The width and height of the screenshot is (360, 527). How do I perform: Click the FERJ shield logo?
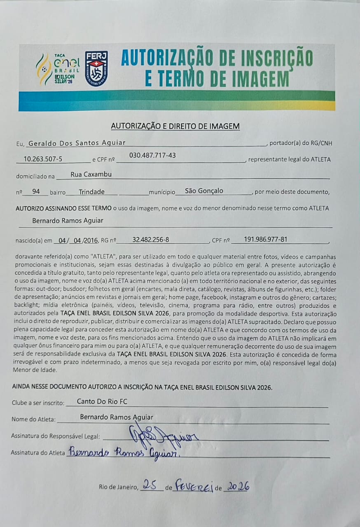(x=96, y=68)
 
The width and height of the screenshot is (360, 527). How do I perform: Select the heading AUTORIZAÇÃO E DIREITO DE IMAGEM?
(x=175, y=126)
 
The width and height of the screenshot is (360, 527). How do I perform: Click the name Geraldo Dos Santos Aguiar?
(x=77, y=143)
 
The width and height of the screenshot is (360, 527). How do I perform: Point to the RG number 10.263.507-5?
(x=43, y=159)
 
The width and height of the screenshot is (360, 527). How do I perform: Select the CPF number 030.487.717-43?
(x=152, y=155)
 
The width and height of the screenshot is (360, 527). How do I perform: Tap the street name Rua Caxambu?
(x=91, y=174)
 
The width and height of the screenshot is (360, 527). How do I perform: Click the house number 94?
(x=36, y=191)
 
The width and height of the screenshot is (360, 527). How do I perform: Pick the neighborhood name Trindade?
(x=91, y=191)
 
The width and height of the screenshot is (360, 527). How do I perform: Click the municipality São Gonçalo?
(x=204, y=191)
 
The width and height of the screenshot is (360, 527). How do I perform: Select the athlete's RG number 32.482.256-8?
(x=150, y=239)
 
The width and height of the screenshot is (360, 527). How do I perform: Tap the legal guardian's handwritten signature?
(x=163, y=434)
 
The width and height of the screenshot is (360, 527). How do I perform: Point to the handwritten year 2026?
(x=238, y=487)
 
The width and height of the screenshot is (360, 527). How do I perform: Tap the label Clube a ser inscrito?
(x=38, y=403)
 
